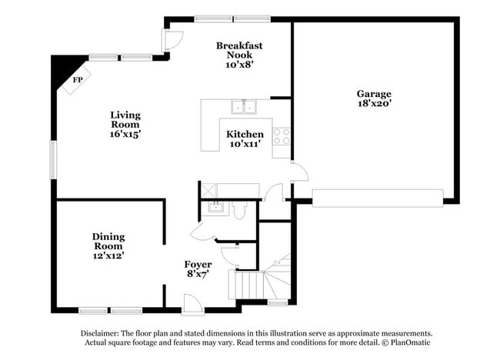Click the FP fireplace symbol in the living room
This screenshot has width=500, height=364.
pyautogui.click(x=77, y=80)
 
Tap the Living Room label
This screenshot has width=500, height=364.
pyautogui.click(x=125, y=124)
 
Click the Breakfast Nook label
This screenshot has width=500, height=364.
pyautogui.click(x=239, y=55)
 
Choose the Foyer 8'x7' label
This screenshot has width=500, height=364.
pyautogui.click(x=198, y=269)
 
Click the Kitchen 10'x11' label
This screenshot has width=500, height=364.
pyautogui.click(x=245, y=139)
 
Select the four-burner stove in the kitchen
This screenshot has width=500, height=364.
pyautogui.click(x=282, y=136)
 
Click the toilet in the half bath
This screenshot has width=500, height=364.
pyautogui.click(x=238, y=210)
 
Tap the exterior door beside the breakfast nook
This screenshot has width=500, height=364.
pyautogui.click(x=171, y=39)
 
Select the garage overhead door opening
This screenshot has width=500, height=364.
pyautogui.click(x=378, y=198)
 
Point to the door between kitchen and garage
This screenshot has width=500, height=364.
pyautogui.click(x=298, y=174)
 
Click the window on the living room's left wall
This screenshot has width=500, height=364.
pyautogui.click(x=53, y=159)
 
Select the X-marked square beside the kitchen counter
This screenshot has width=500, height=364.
pyautogui.click(x=207, y=190)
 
